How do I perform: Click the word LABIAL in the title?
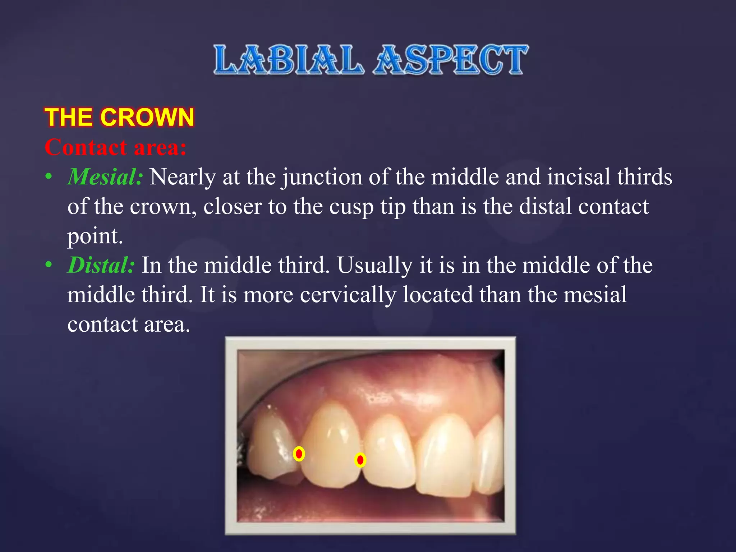coord(287,60)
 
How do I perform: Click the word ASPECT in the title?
coord(451,60)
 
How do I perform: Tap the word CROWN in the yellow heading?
coord(147,117)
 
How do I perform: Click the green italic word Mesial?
coord(105,177)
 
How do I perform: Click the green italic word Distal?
coord(101,265)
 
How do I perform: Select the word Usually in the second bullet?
coord(374,266)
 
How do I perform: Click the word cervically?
coord(348,295)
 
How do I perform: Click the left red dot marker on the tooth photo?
coord(299,454)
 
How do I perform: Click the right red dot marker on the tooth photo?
coord(360,460)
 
